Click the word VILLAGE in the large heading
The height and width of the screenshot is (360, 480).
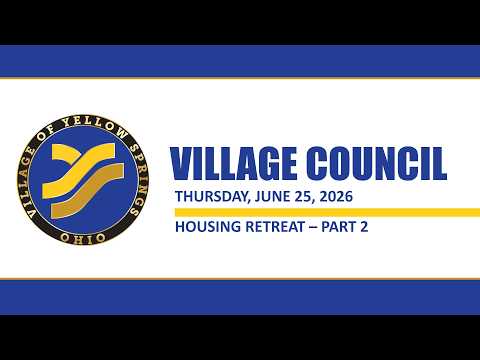(x=233, y=164)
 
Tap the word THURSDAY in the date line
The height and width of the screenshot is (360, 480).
(x=212, y=197)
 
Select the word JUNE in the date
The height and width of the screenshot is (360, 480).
(x=272, y=196)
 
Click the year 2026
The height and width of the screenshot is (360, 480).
(x=336, y=196)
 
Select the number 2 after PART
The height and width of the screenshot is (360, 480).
(x=364, y=227)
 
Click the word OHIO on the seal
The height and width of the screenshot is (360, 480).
(x=83, y=237)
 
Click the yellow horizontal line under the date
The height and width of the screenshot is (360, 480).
(x=327, y=212)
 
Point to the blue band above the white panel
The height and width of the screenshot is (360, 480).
(x=240, y=61)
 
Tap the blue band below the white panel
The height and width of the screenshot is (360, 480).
(x=240, y=297)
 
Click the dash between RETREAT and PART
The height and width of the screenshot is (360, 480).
(x=313, y=227)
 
